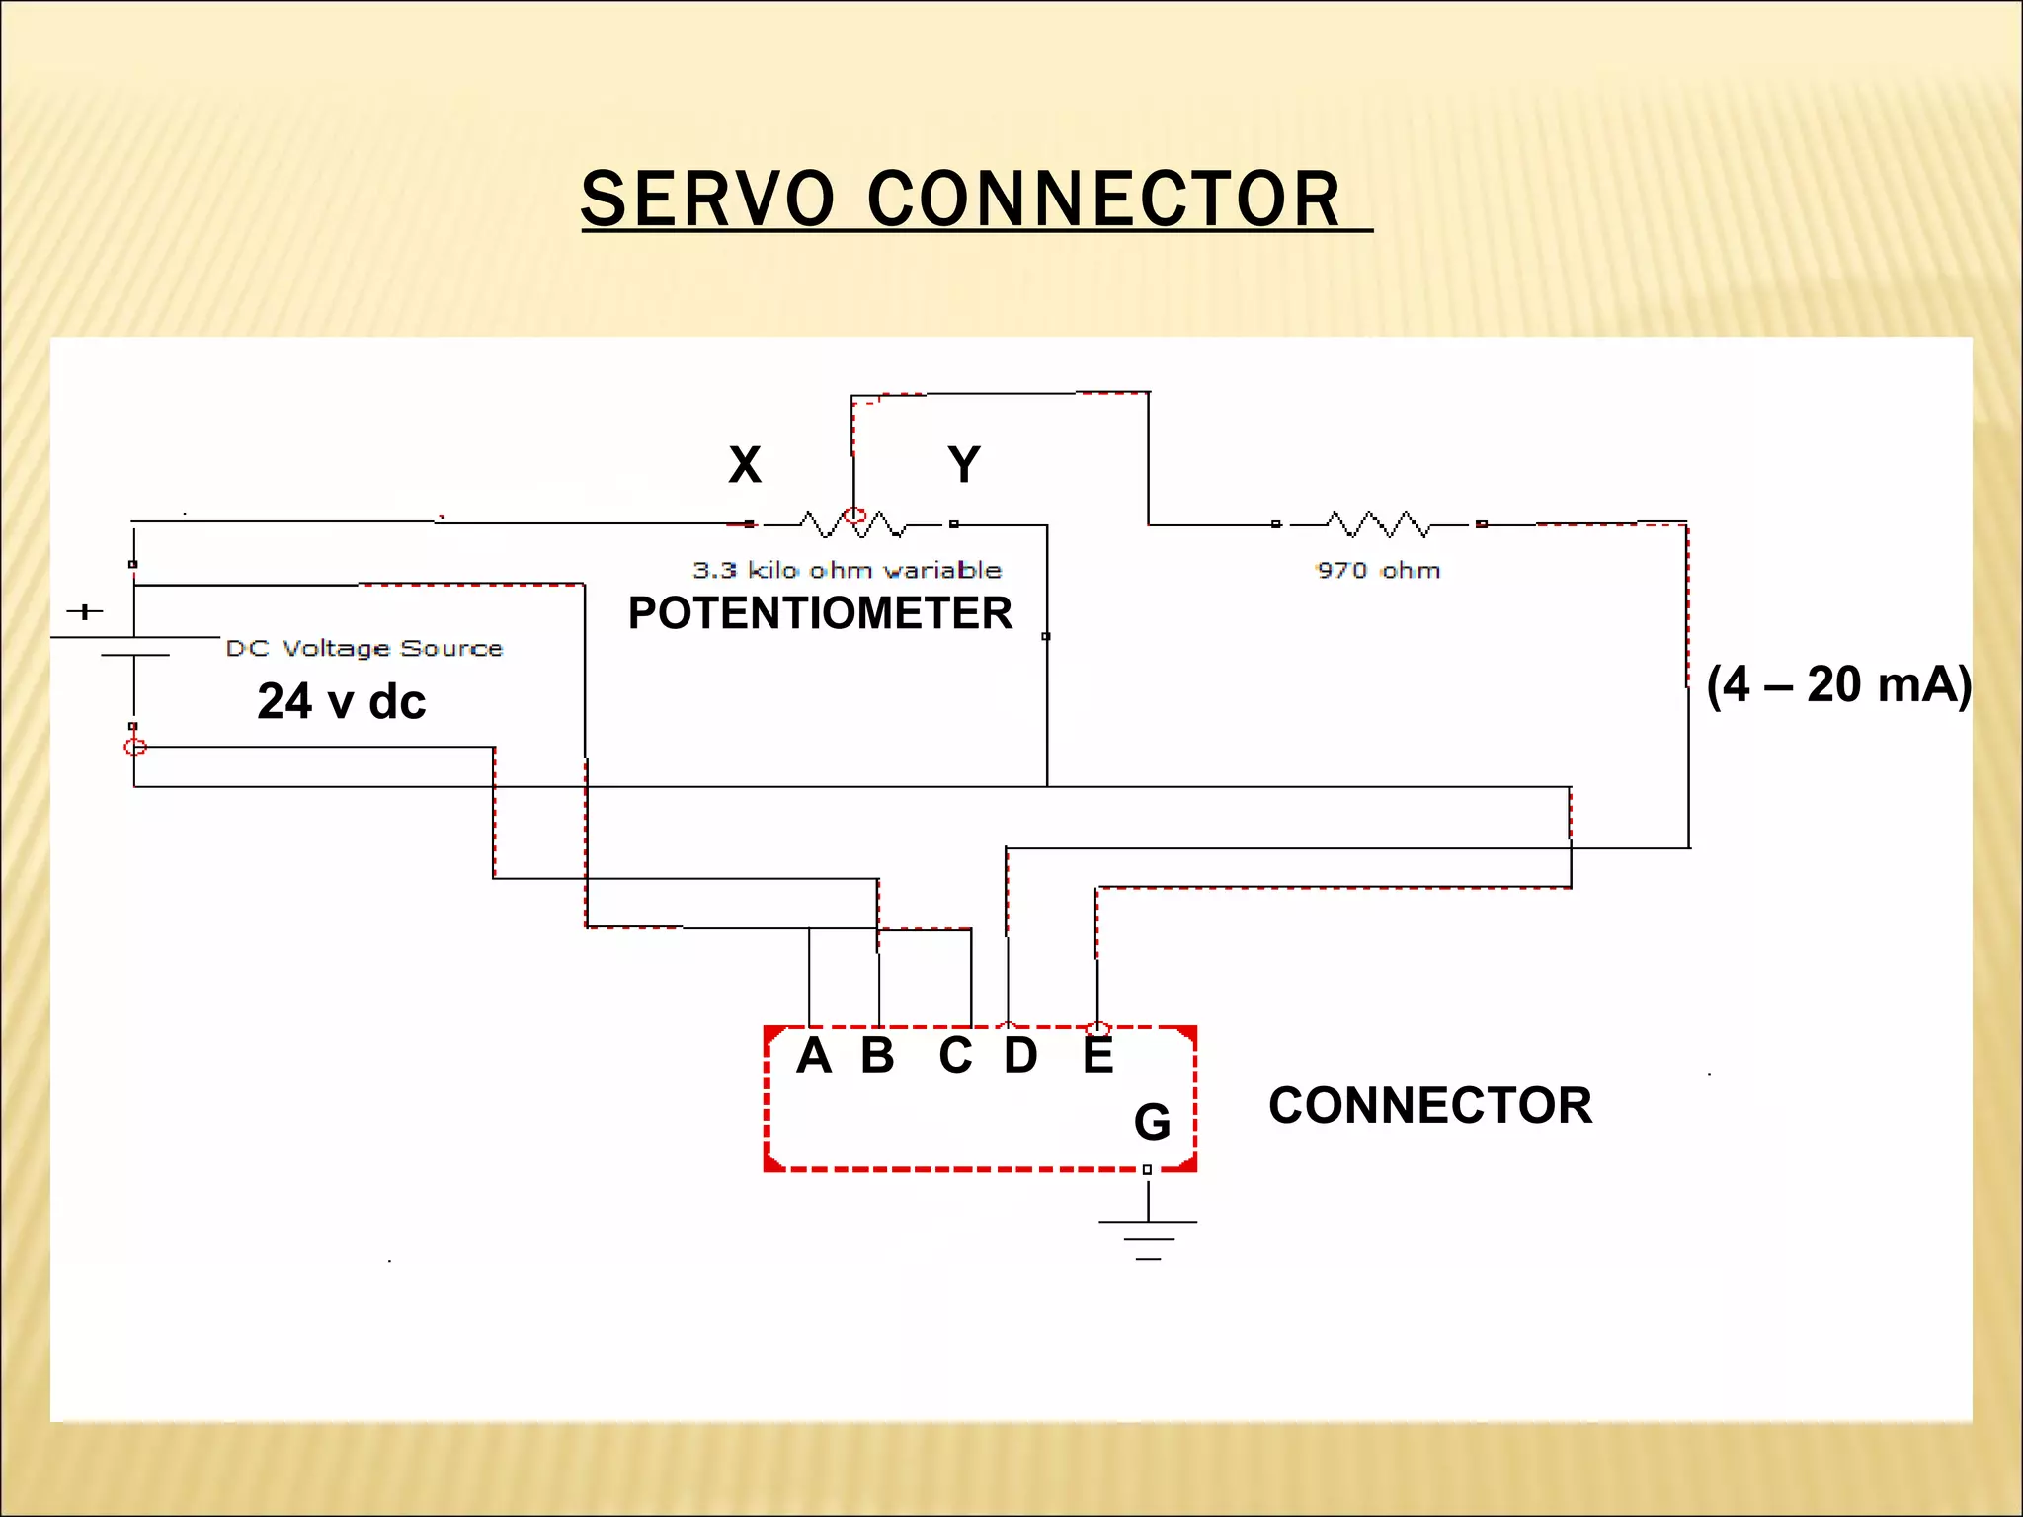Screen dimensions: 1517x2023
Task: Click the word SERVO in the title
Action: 707,199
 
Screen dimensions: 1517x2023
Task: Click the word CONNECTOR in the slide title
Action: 1103,199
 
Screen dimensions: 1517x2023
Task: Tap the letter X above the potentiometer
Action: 745,464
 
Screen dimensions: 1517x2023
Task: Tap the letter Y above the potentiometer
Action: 963,464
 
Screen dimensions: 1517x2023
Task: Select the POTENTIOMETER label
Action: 820,613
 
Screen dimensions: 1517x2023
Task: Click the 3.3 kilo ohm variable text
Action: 847,570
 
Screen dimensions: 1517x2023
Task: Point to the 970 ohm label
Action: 1378,570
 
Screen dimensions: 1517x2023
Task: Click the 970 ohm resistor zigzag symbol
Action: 1378,523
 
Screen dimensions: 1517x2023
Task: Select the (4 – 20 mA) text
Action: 1838,684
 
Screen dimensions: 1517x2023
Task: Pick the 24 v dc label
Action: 341,701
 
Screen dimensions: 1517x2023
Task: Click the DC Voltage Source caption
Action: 364,648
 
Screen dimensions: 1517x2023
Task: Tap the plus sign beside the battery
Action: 85,611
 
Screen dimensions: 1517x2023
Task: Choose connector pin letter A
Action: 814,1056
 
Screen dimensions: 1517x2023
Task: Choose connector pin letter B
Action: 877,1056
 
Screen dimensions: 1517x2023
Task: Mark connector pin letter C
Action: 955,1056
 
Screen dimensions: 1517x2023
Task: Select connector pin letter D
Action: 1020,1056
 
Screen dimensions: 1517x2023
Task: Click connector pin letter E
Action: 1097,1056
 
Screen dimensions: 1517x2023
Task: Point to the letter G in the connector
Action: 1152,1122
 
